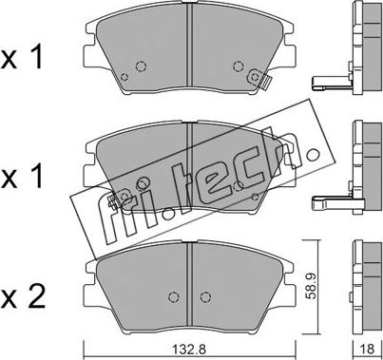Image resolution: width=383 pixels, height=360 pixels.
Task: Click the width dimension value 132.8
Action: pos(189,349)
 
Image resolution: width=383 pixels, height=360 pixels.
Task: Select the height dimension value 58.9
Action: pos(313,287)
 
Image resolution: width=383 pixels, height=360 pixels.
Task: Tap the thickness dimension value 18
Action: pos(367,349)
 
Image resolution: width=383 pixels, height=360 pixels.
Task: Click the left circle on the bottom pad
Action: pos(173,297)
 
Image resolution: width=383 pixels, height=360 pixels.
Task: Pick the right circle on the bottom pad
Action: pos(205,297)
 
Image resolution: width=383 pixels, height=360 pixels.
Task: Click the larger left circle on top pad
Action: pos(141,66)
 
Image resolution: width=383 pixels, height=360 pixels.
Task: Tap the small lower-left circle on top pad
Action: pos(124,77)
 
